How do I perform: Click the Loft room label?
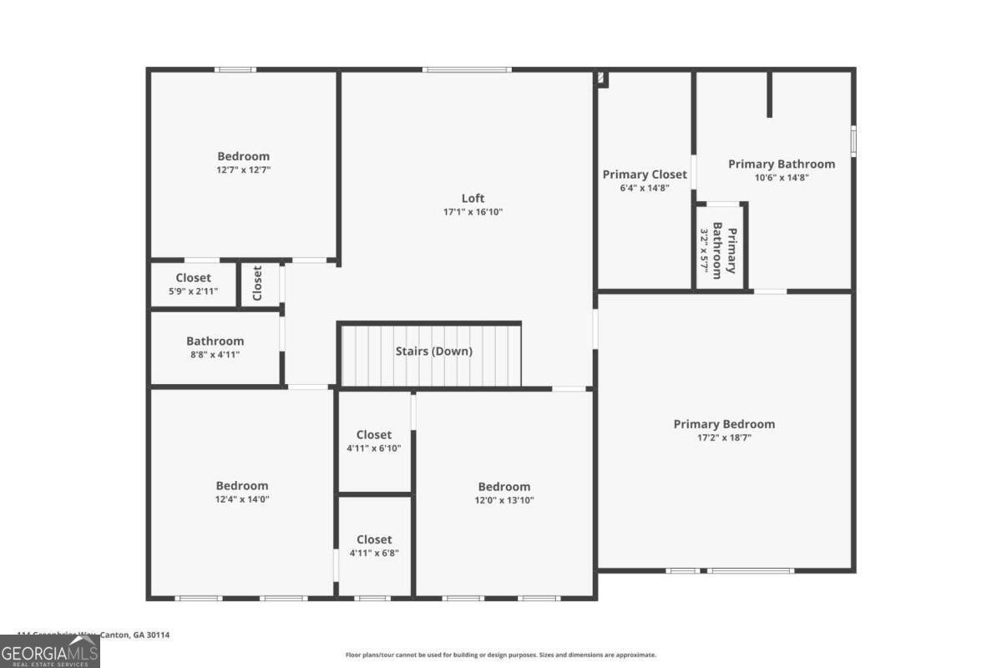coord(473,198)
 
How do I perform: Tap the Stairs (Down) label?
coord(433,352)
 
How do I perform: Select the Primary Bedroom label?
coord(724,424)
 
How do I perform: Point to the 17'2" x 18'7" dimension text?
coord(724,438)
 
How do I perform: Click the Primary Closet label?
coord(645,175)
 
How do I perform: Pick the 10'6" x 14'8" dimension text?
coord(781,177)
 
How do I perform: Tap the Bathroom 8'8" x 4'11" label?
coord(215,341)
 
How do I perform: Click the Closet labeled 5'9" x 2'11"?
coord(193,278)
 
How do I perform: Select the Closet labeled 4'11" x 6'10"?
coord(373,435)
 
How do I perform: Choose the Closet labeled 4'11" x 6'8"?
coord(373,539)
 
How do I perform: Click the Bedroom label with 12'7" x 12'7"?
coord(243,156)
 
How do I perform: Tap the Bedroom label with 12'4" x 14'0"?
coord(242,486)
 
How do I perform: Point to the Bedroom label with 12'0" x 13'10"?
coord(504,487)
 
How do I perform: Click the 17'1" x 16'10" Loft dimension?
coord(473,212)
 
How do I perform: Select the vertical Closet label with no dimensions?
coord(257,283)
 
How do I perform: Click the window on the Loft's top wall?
coord(467,69)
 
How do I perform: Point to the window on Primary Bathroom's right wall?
coord(853,139)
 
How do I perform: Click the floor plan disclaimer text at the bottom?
coord(500,655)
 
